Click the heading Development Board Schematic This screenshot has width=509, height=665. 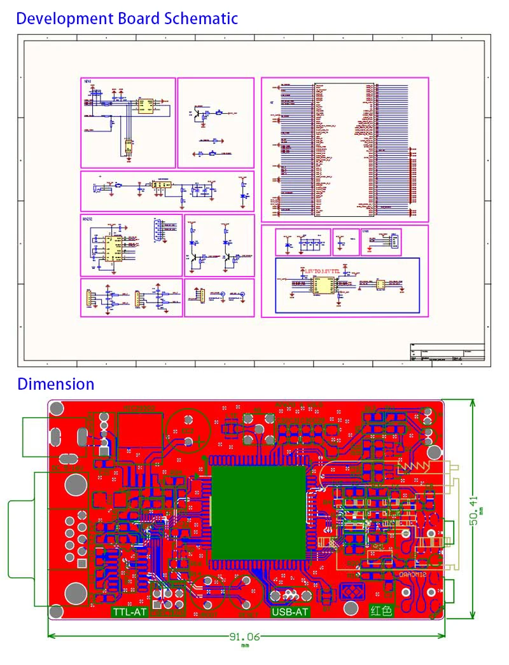(127, 18)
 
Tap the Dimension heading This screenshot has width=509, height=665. (56, 384)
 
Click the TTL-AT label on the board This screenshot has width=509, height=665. (129, 613)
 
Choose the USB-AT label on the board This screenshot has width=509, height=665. (289, 613)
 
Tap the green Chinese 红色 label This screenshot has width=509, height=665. (382, 612)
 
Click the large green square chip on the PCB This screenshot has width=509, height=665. (259, 512)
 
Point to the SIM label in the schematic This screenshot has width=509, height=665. (87, 82)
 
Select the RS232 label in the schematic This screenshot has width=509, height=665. (87, 218)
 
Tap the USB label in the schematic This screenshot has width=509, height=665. (365, 232)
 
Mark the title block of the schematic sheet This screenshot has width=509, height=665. (447, 353)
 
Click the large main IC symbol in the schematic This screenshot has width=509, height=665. (344, 147)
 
